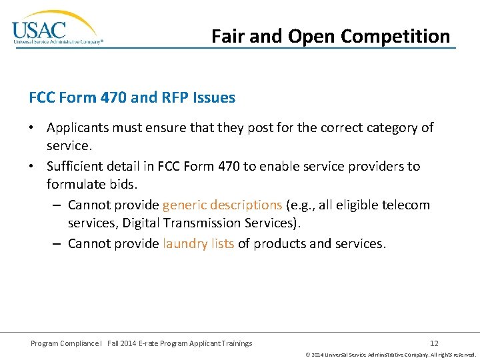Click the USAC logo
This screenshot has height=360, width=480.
pyautogui.click(x=57, y=28)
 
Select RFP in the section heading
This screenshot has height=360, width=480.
pyautogui.click(x=175, y=97)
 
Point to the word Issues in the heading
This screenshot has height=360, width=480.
pyautogui.click(x=214, y=97)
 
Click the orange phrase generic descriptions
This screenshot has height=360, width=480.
pyautogui.click(x=222, y=205)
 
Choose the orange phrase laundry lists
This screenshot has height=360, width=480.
pyautogui.click(x=198, y=243)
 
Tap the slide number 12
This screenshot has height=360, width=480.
pyautogui.click(x=434, y=343)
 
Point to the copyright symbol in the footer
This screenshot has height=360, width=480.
pyautogui.click(x=308, y=355)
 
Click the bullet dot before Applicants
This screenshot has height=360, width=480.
pyautogui.click(x=33, y=128)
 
